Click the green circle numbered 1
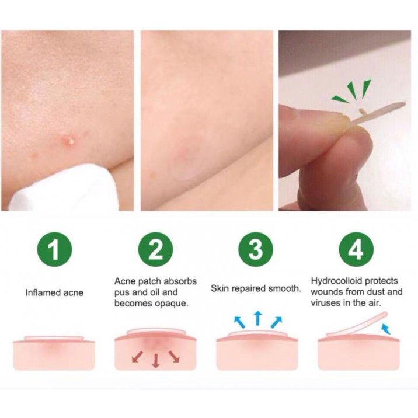pos(54,249)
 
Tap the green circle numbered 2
pos(155,249)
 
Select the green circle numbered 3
pos(256,249)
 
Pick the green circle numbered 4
pos(356,249)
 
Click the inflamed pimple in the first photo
pos(68,140)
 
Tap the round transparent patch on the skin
pos(187,159)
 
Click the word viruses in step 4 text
pos(325,303)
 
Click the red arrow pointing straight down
pos(156,361)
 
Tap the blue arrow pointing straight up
pos(257,318)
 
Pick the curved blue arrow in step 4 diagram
pos(386,329)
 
